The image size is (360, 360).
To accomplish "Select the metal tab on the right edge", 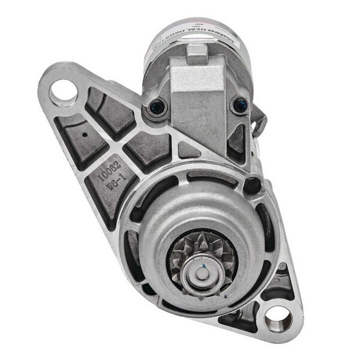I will (259, 123).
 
